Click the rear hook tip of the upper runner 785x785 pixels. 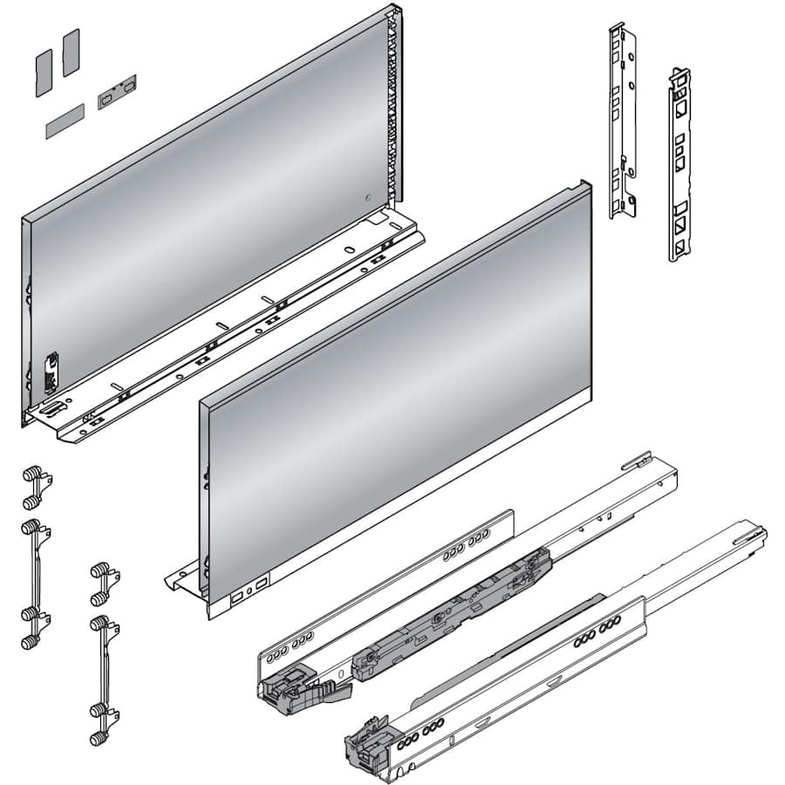640,457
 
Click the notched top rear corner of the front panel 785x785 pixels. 583,186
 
